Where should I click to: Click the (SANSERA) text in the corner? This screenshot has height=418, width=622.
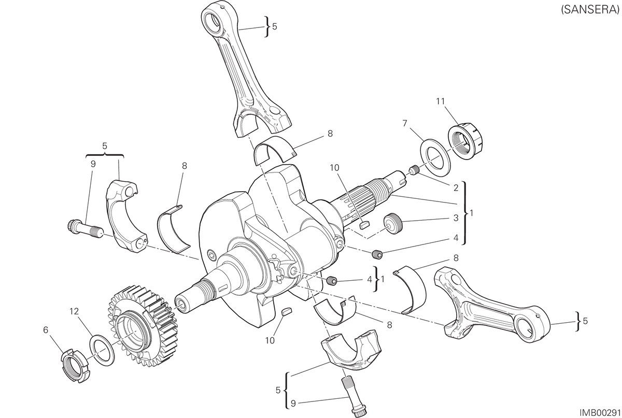click(590, 9)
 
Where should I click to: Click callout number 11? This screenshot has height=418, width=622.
click(441, 102)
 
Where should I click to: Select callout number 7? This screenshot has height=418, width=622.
click(405, 123)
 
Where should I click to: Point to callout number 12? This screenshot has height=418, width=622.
click(75, 312)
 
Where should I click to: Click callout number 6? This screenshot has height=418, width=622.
click(46, 330)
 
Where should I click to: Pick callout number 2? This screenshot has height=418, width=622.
click(456, 188)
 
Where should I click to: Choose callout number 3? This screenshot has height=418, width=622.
click(456, 218)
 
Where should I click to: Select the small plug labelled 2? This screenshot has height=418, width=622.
click(414, 170)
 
